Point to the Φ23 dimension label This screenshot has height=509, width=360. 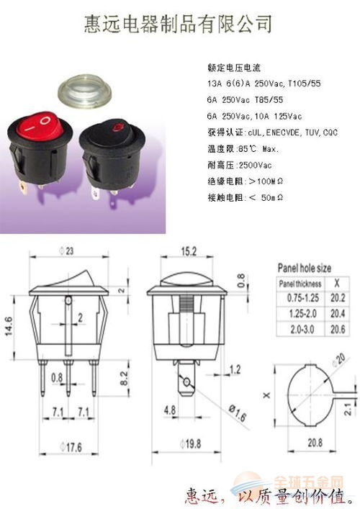click(x=68, y=251)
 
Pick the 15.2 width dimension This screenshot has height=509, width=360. click(x=188, y=253)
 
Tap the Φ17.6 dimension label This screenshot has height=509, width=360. click(x=68, y=447)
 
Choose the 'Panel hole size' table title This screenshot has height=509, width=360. click(x=305, y=268)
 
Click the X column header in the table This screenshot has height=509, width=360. click(x=336, y=282)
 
